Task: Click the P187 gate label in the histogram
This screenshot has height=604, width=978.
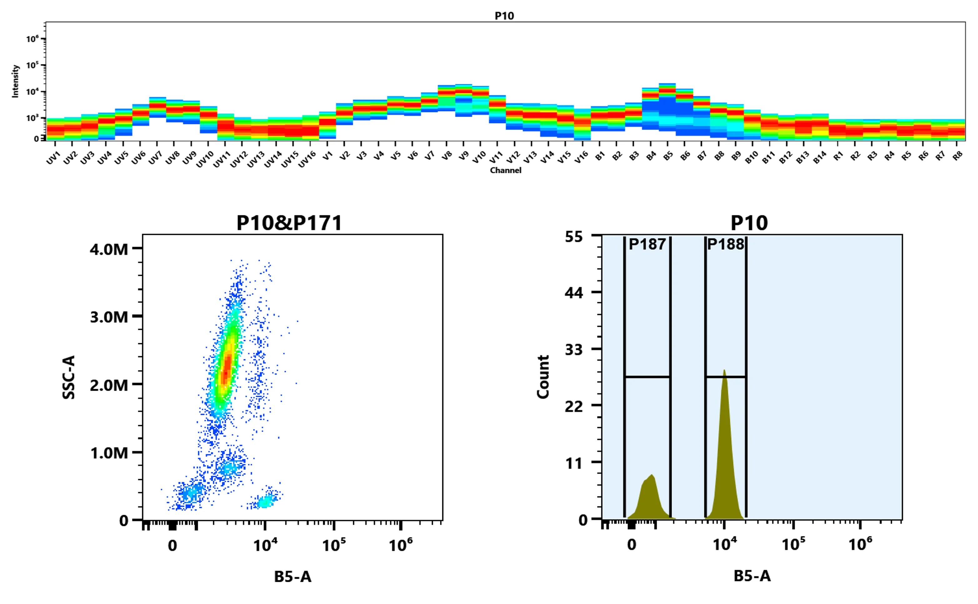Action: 647,244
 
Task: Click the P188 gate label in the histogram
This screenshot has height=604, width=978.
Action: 725,244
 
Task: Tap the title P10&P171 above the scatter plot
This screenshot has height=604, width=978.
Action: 289,223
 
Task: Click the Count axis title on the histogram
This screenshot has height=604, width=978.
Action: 543,377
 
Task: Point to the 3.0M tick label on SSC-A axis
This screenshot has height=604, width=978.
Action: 109,317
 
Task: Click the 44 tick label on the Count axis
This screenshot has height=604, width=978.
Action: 574,293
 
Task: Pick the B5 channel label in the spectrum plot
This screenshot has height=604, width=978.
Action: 668,156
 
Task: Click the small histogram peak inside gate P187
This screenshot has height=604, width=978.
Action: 652,475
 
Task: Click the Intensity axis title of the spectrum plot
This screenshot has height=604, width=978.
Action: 15,81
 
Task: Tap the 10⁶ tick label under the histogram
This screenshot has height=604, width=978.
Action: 860,544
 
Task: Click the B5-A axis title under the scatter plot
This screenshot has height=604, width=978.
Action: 293,577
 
